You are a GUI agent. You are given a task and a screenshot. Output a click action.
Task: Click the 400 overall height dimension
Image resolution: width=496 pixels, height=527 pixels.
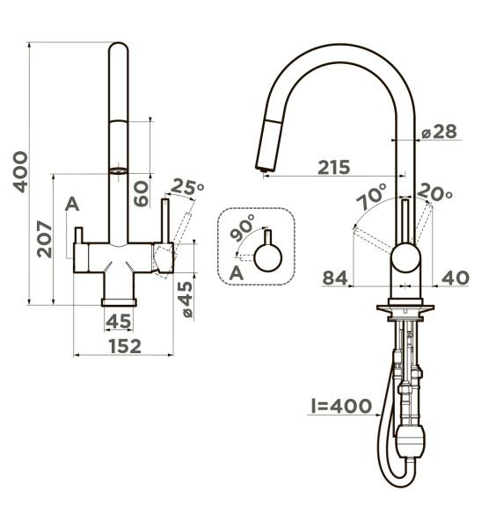[20, 172]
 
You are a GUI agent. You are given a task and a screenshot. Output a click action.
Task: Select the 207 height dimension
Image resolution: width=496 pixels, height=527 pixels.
[45, 239]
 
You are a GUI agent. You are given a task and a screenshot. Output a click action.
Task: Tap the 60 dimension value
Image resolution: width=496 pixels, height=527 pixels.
[141, 193]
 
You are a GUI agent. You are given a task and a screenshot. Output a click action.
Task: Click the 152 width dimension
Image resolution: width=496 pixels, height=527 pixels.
[125, 346]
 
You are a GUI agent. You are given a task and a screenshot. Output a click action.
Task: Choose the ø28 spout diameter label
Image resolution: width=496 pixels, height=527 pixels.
[440, 132]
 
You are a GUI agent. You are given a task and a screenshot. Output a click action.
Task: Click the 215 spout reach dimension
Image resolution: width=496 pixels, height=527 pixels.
[334, 168]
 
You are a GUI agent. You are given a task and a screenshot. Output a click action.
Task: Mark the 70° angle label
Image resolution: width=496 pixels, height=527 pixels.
[372, 196]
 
